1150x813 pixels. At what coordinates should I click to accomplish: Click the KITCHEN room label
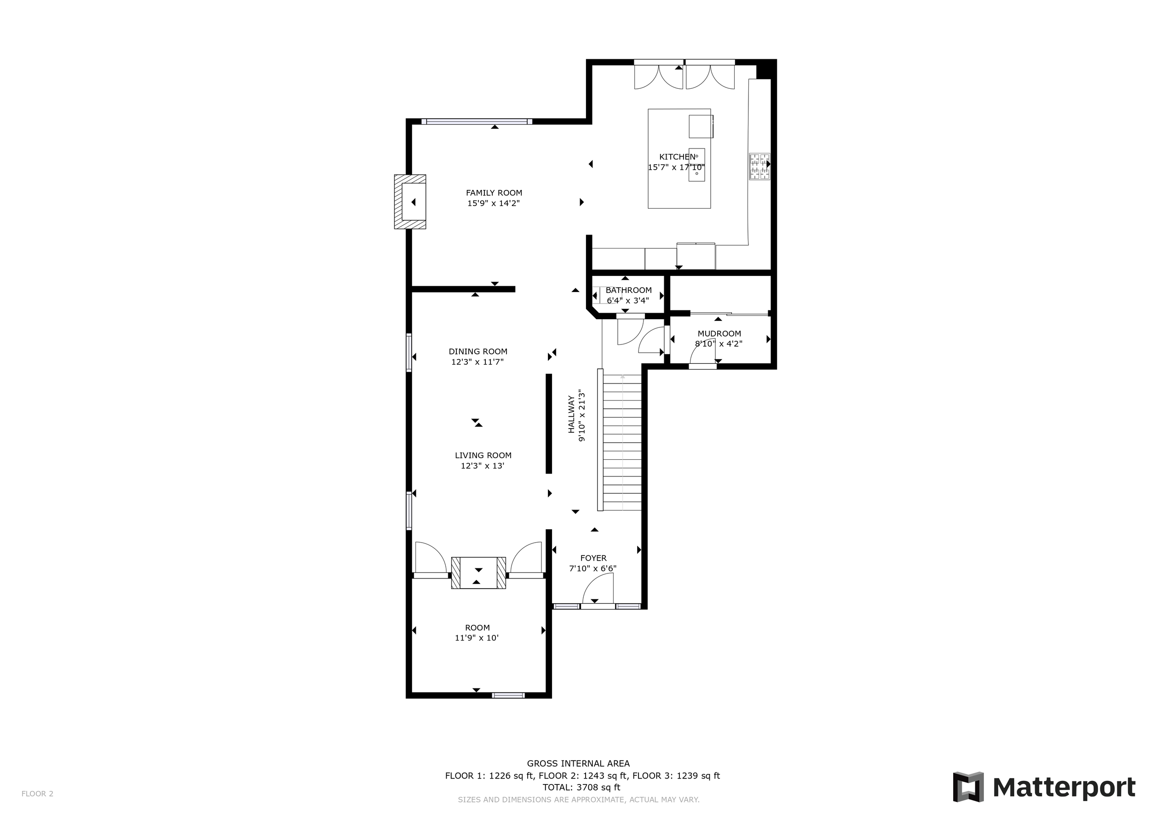[x=677, y=157]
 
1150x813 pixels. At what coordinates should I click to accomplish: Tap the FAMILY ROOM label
[x=494, y=193]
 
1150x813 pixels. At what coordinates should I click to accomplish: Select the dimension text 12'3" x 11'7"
[x=477, y=362]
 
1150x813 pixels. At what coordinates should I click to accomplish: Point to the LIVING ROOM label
[x=483, y=456]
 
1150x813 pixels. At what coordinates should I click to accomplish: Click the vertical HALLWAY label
[x=571, y=414]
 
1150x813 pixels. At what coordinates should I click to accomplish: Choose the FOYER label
[x=593, y=558]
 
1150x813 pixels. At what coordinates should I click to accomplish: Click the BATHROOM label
[x=629, y=290]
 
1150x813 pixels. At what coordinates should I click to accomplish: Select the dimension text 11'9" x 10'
[x=477, y=638]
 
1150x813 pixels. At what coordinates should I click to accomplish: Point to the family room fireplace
[x=410, y=202]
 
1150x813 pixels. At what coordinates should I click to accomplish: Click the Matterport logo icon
[x=968, y=787]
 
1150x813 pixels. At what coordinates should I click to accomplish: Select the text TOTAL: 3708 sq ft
[x=581, y=787]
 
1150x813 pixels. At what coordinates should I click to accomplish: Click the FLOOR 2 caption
[x=37, y=794]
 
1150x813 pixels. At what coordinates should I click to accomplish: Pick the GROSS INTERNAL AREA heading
[x=578, y=763]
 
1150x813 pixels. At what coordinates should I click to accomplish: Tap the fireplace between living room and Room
[x=478, y=573]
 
